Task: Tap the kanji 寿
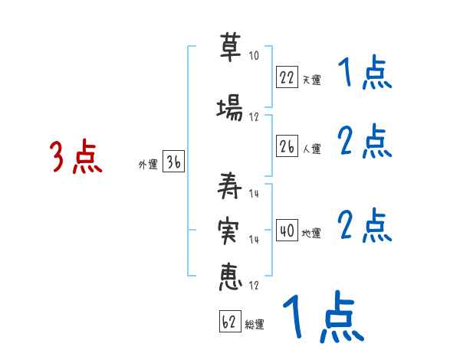(x=229, y=185)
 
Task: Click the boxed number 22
(x=287, y=77)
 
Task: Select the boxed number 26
(x=287, y=145)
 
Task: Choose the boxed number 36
(x=173, y=162)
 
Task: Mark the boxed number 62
(x=228, y=322)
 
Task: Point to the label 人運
(x=310, y=148)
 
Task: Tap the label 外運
(x=147, y=165)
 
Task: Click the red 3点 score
(x=76, y=158)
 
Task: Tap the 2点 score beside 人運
(x=365, y=141)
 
